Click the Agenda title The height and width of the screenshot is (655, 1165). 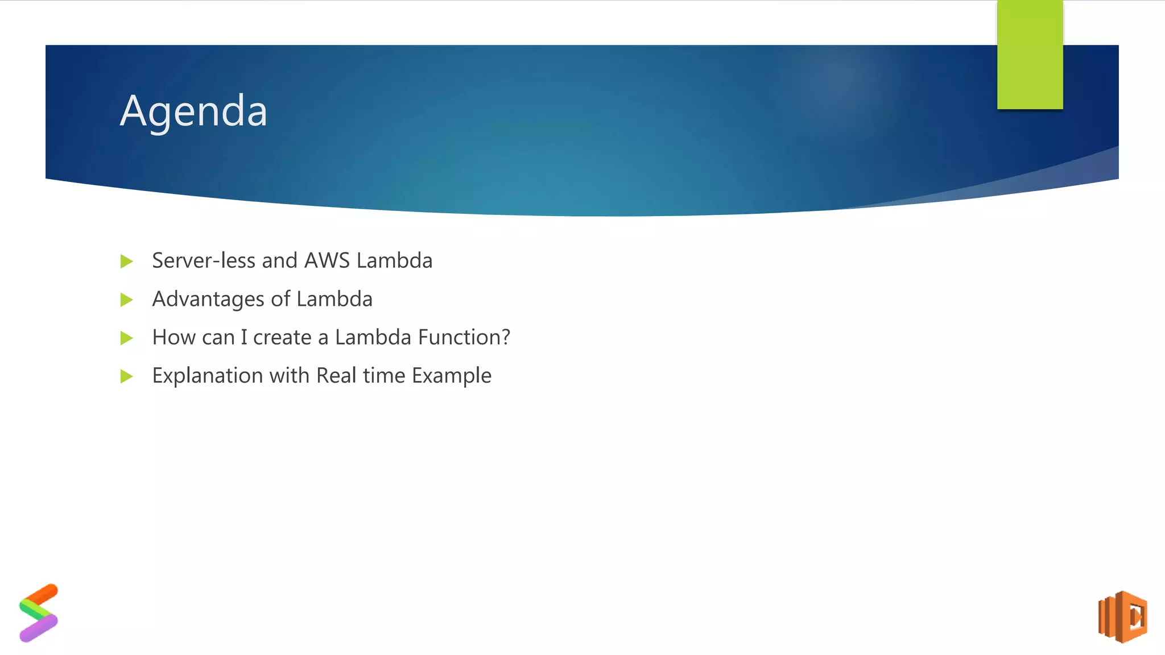(193, 111)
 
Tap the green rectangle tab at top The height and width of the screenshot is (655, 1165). (1030, 55)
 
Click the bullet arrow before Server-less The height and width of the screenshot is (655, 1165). (127, 262)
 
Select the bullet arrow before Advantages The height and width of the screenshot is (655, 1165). (127, 300)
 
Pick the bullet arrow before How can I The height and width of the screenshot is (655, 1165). (127, 338)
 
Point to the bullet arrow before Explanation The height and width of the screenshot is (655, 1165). (127, 376)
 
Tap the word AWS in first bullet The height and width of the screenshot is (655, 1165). (327, 260)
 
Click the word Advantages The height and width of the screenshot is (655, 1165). (208, 299)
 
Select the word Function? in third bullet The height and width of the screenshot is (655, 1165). (464, 337)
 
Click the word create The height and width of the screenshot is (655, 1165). (282, 338)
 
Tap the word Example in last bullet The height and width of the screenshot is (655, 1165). (451, 376)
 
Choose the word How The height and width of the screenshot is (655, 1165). (171, 337)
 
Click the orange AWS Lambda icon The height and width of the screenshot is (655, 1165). (1122, 617)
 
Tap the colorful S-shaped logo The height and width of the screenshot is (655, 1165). (39, 613)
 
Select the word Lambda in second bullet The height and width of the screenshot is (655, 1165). (334, 299)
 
